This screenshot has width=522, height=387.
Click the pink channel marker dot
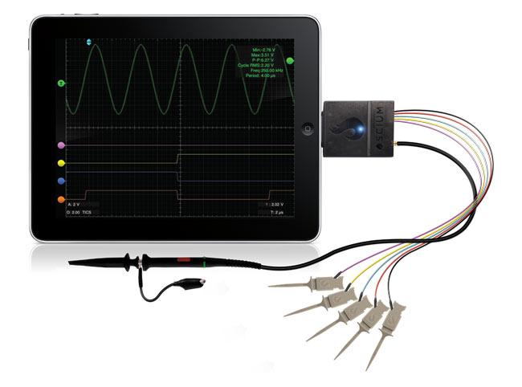[x=62, y=146]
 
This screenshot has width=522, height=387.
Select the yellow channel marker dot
[x=62, y=163]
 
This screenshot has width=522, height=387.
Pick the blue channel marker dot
[x=62, y=180]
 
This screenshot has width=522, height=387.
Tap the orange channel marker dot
[x=62, y=197]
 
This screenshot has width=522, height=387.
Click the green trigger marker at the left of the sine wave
[x=61, y=83]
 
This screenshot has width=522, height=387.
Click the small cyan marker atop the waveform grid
[x=89, y=41]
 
